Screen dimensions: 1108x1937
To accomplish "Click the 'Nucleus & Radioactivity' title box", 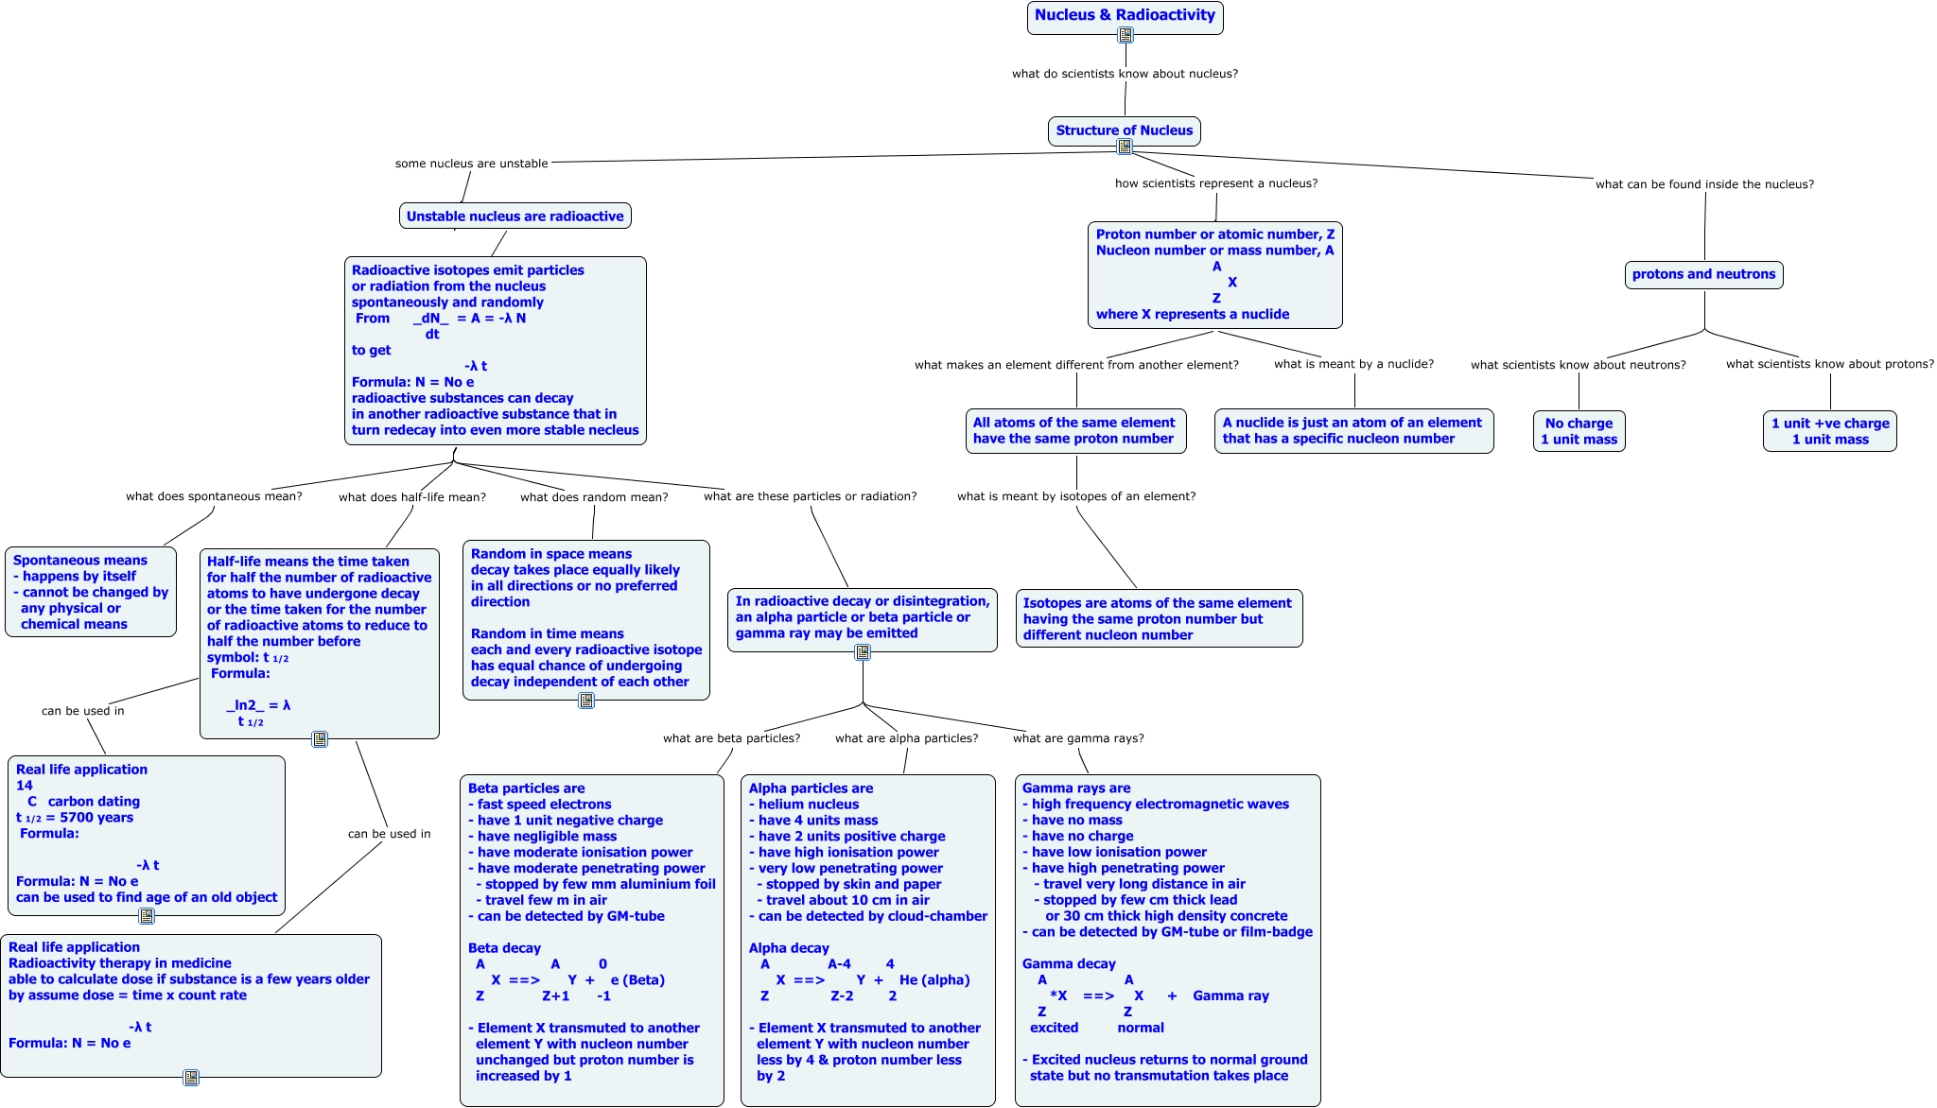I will [x=1125, y=15].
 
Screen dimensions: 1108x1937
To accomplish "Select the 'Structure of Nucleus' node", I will [x=1124, y=130].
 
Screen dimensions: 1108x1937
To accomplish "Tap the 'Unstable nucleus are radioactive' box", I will [x=515, y=216].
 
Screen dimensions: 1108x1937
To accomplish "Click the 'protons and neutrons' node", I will [x=1703, y=274].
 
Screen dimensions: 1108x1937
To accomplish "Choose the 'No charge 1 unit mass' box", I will [x=1579, y=431].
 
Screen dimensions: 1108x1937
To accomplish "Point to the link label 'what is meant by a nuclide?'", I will [x=1353, y=364].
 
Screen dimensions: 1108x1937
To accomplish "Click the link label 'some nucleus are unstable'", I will [x=471, y=164].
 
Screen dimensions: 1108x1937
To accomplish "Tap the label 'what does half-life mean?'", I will [x=412, y=497].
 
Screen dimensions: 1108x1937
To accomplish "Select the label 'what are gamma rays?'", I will [x=1078, y=738].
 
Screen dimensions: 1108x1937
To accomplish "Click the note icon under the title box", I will [x=1126, y=35].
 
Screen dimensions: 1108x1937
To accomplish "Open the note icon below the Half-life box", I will [x=320, y=739].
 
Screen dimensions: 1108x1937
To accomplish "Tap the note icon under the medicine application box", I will [x=191, y=1078].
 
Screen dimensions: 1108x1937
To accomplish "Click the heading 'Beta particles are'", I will [x=526, y=788].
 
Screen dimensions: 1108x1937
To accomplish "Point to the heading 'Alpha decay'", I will [x=789, y=948].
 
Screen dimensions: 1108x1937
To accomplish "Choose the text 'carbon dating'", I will [x=94, y=802].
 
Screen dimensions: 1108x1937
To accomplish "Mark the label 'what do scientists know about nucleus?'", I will [x=1125, y=74].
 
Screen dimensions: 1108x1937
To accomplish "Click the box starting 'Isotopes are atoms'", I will [x=1159, y=618].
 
